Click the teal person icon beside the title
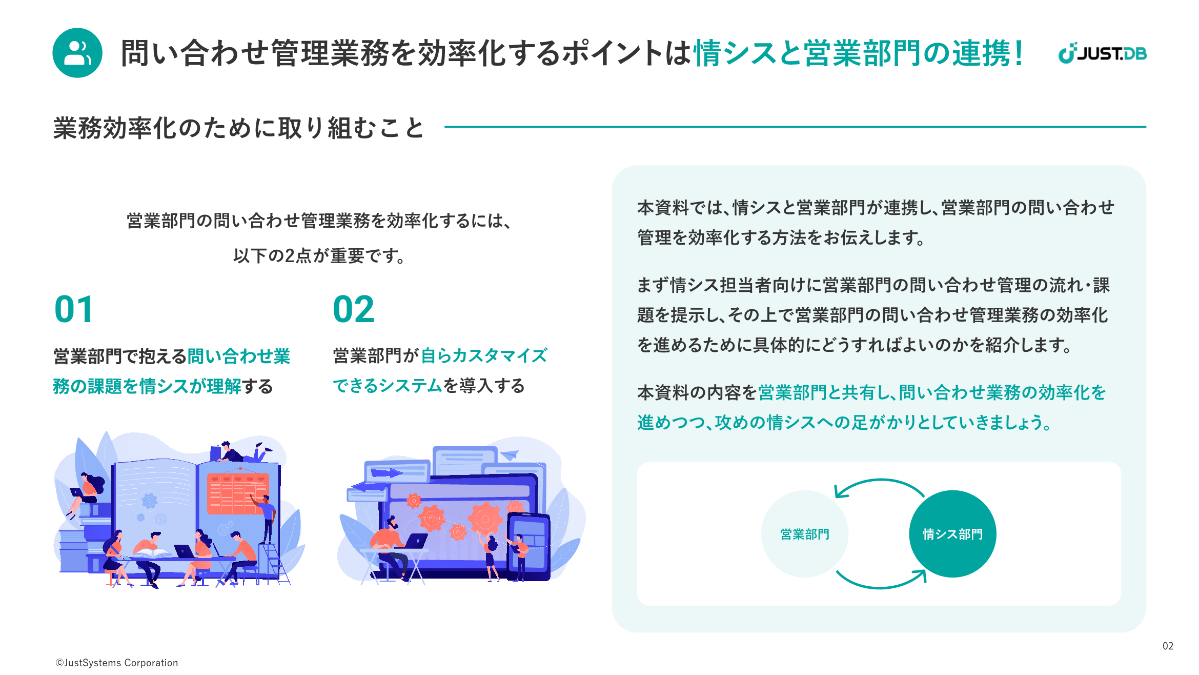(77, 53)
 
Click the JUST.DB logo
(1102, 53)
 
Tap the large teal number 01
(74, 309)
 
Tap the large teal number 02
(354, 309)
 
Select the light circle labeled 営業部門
(805, 534)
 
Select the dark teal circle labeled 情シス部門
(952, 534)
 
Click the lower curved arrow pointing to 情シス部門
(881, 586)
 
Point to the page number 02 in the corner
(1168, 646)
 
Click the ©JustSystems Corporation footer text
(117, 663)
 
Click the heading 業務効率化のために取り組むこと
(239, 128)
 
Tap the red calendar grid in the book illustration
(237, 493)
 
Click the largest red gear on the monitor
(485, 518)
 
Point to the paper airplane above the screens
(510, 455)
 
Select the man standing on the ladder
(265, 518)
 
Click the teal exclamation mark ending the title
(1018, 53)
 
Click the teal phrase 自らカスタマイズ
(484, 355)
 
